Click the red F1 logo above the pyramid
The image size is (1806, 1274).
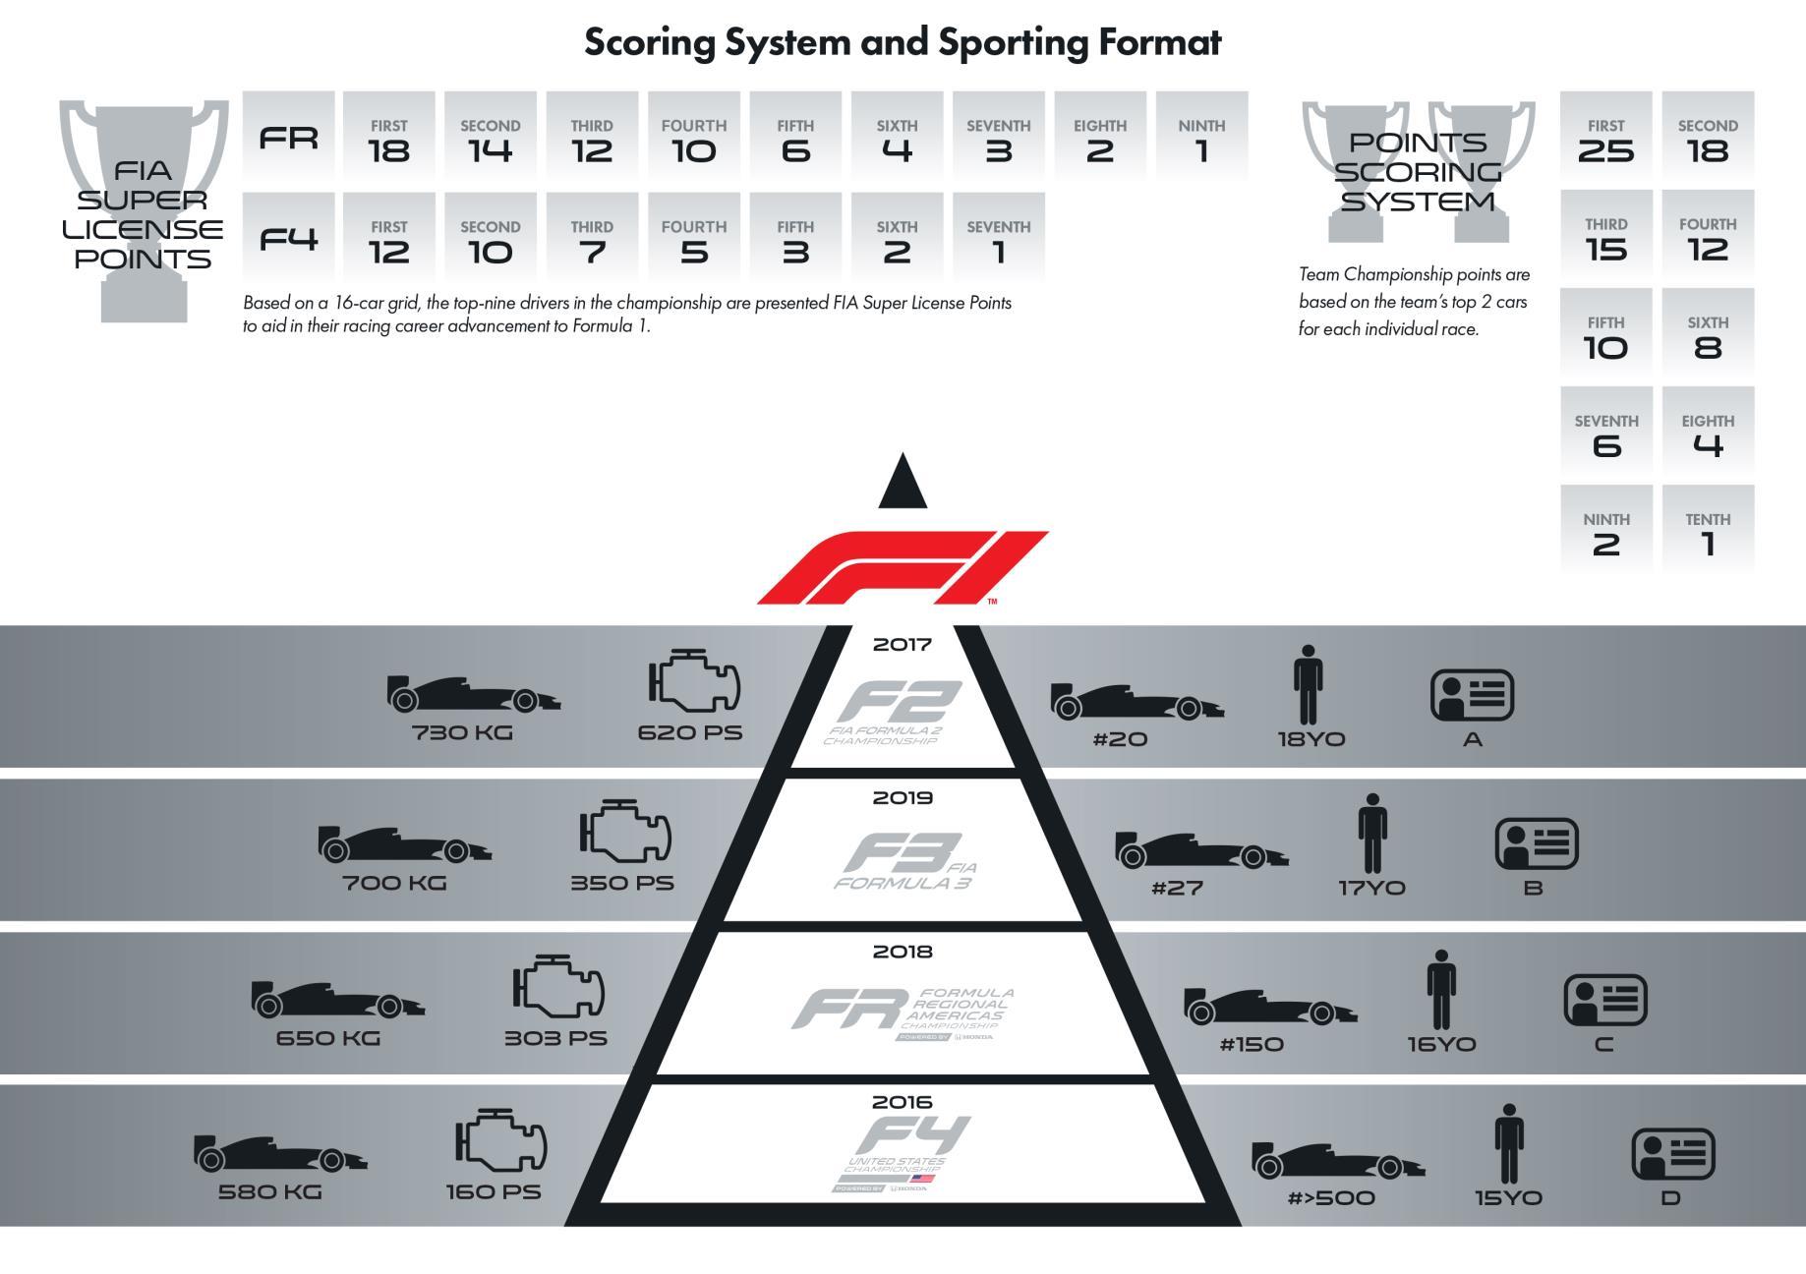(903, 567)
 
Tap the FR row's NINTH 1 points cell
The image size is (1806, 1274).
(1201, 138)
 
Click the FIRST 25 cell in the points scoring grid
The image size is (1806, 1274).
(1605, 138)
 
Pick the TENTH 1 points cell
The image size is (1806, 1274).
(1708, 532)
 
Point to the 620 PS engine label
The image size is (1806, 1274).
(690, 732)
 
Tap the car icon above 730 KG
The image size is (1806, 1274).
(473, 694)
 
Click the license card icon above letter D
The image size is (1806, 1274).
(1672, 1153)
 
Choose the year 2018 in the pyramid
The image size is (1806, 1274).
(903, 952)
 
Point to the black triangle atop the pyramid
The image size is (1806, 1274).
(903, 482)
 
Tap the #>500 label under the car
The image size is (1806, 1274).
(1331, 1198)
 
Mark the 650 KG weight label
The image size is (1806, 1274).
(328, 1038)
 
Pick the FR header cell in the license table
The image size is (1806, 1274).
(288, 138)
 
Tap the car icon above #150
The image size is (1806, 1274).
(1269, 1008)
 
